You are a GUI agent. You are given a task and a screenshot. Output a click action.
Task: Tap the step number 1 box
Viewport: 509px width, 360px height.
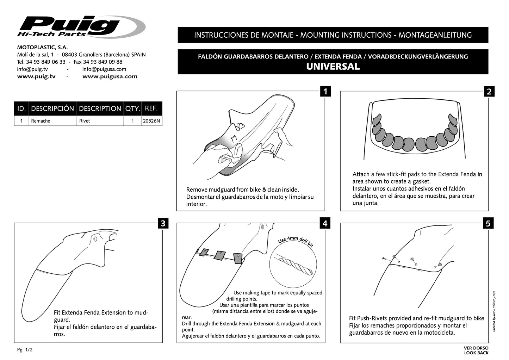pos(325,92)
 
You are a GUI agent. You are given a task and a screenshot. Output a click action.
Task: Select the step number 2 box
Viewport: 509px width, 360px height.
pos(489,92)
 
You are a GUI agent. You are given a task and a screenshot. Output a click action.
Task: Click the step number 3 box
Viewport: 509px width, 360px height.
pos(163,223)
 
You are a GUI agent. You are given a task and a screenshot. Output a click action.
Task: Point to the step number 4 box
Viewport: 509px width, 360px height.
pos(325,223)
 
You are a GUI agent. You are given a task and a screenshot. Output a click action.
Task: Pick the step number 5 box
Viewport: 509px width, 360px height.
pos(488,223)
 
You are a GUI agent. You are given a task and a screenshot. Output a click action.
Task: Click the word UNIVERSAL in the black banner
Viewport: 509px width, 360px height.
pos(333,67)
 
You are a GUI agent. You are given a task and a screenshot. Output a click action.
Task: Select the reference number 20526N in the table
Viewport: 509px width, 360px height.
pos(151,121)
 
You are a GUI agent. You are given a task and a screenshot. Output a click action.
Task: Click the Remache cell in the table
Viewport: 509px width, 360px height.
pos(41,121)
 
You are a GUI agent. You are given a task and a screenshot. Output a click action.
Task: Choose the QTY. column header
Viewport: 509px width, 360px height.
pos(132,108)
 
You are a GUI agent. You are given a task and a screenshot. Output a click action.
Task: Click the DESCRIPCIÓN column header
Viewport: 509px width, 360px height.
pos(52,108)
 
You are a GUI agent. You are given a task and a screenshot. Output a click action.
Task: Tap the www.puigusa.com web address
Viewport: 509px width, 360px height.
pos(110,76)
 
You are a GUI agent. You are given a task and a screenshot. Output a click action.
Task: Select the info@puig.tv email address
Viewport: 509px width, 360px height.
pos(32,69)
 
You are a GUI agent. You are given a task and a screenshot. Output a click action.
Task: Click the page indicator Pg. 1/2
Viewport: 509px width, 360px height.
pos(25,350)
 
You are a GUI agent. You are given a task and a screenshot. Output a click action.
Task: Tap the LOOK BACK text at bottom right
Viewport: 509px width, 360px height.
pos(476,353)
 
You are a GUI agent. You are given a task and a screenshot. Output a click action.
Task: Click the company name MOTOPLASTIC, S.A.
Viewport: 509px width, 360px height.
pos(43,47)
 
